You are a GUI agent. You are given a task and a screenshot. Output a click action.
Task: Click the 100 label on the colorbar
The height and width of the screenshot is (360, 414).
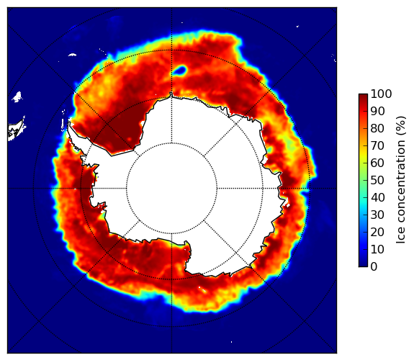point(381,94)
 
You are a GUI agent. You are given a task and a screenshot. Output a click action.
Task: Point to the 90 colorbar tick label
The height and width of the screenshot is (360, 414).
point(377,111)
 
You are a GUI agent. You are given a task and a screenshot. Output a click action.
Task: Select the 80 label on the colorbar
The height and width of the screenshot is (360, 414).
point(377,128)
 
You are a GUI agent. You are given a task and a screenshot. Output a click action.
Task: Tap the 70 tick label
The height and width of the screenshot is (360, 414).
point(377,145)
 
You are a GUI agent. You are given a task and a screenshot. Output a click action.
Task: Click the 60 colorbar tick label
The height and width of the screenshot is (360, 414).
point(377,163)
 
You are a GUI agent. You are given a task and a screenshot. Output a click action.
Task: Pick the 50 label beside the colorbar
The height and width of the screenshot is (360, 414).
point(377,180)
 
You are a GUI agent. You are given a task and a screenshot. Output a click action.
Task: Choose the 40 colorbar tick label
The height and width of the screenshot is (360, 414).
point(377,197)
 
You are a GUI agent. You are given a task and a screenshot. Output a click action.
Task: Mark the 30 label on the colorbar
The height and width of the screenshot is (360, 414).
point(377,215)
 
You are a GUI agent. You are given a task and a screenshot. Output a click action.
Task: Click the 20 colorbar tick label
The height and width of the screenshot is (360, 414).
point(377,232)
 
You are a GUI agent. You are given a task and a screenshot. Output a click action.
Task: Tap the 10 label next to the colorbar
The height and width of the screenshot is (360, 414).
point(377,249)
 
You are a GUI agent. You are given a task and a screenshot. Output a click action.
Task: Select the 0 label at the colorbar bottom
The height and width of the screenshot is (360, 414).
point(374,266)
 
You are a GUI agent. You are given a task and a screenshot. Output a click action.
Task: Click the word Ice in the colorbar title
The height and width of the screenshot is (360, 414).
point(400,237)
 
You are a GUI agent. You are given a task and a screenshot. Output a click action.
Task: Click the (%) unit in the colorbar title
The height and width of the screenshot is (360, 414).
point(401,126)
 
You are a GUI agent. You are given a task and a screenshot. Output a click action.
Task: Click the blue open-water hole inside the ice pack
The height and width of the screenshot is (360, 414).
point(180,71)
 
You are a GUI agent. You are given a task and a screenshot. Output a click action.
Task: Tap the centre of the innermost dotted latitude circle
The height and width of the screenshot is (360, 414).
point(171,188)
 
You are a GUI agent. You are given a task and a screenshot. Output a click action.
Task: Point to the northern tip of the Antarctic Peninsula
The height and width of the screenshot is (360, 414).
point(69,122)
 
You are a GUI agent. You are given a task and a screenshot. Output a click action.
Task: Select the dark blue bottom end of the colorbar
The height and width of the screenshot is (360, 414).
point(363,265)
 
